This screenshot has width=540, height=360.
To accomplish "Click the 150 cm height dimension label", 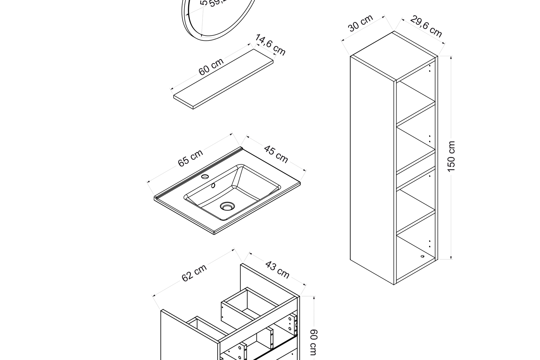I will pos(451,156).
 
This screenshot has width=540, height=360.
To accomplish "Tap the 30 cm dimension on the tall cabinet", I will pos(360,23).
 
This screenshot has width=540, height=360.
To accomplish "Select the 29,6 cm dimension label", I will pos(426,26).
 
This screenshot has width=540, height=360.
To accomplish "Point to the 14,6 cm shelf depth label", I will pos(270,45).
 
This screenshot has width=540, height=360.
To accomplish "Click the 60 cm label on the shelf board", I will pos(211,67).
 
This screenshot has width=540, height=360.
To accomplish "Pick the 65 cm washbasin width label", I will pos(190,158).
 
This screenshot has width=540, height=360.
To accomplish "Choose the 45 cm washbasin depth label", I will pos(276,154).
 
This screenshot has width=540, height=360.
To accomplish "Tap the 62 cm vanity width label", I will pos(194,273).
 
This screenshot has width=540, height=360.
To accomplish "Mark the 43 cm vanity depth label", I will pos(277,270).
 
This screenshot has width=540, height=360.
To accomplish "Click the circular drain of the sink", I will pos(227,206).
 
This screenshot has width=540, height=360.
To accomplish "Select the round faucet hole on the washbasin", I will pos(205,177).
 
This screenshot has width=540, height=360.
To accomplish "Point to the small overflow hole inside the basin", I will pos(213,185).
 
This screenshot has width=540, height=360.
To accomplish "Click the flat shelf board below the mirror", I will pos(224,79).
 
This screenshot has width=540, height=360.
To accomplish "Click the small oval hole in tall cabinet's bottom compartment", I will pos(422,256).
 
